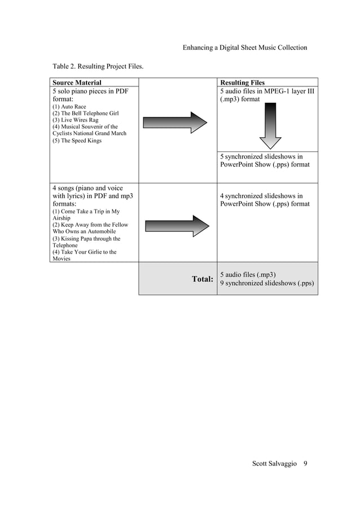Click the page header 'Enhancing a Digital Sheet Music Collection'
[245, 47]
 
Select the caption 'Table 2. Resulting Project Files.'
[98, 67]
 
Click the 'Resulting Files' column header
[242, 82]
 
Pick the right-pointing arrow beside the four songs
[177, 225]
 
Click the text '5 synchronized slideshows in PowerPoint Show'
[265, 160]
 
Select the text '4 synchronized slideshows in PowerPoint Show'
[265, 200]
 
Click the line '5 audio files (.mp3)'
[248, 274]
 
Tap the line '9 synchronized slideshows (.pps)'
[267, 283]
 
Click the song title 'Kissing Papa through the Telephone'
[85, 242]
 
